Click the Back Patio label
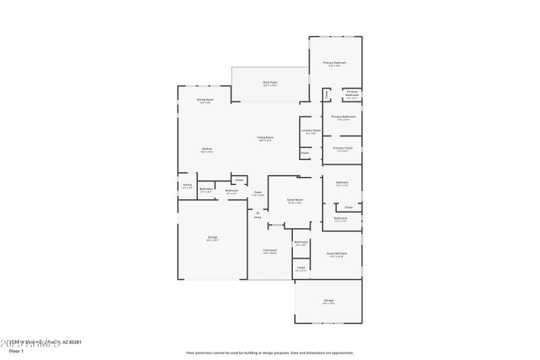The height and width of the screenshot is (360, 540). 270,82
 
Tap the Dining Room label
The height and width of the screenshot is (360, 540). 206,100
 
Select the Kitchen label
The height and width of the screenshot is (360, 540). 207,149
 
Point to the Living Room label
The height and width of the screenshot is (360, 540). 265,138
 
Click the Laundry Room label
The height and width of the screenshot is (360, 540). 311,130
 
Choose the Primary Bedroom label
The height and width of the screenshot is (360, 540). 335,63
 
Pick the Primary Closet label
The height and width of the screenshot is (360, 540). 344,148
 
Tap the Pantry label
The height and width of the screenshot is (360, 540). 188,184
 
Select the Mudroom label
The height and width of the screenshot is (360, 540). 232,190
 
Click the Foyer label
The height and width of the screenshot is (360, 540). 258,192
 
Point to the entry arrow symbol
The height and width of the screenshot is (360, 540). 257,212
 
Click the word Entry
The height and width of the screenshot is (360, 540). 258,217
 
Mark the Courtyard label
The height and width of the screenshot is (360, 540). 270,250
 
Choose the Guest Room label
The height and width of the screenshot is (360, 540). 295,200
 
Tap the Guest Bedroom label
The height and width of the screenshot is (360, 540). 337,253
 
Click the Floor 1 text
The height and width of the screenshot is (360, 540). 16,351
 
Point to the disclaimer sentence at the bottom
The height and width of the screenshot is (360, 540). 270,352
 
